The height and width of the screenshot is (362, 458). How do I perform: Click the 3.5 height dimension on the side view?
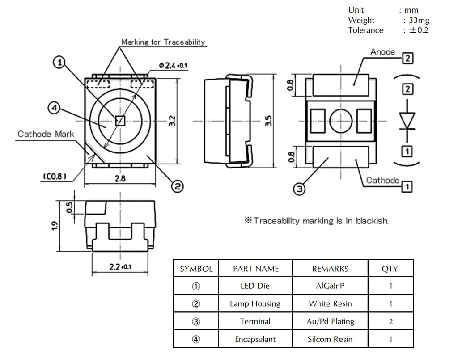click(x=268, y=121)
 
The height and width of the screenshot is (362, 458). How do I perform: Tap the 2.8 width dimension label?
click(x=120, y=178)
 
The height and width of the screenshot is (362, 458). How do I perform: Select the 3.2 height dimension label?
click(x=172, y=121)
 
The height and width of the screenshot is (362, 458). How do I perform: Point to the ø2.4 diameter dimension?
click(x=173, y=65)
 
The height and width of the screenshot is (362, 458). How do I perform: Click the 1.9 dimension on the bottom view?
click(x=55, y=226)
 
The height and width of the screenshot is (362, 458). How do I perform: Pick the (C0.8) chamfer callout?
click(x=55, y=177)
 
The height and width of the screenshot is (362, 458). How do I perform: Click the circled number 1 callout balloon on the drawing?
click(x=59, y=62)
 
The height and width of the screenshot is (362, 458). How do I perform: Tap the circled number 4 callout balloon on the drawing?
click(x=54, y=108)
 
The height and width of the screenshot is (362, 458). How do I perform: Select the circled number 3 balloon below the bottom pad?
click(x=299, y=189)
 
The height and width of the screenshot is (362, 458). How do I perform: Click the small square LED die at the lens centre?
click(x=120, y=121)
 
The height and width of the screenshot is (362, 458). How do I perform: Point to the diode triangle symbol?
click(x=407, y=121)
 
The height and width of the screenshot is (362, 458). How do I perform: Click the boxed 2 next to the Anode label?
click(x=408, y=59)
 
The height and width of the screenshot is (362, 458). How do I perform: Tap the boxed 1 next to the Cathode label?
click(x=407, y=187)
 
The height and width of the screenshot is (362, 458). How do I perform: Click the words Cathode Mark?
click(x=46, y=134)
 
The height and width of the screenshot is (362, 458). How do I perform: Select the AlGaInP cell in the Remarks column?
click(x=330, y=286)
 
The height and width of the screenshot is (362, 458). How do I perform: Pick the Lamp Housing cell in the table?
click(x=255, y=303)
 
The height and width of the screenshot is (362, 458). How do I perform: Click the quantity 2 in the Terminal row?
click(x=391, y=321)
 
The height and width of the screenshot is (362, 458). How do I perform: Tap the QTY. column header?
click(x=390, y=269)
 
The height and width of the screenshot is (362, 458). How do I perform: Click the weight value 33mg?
click(x=419, y=20)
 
